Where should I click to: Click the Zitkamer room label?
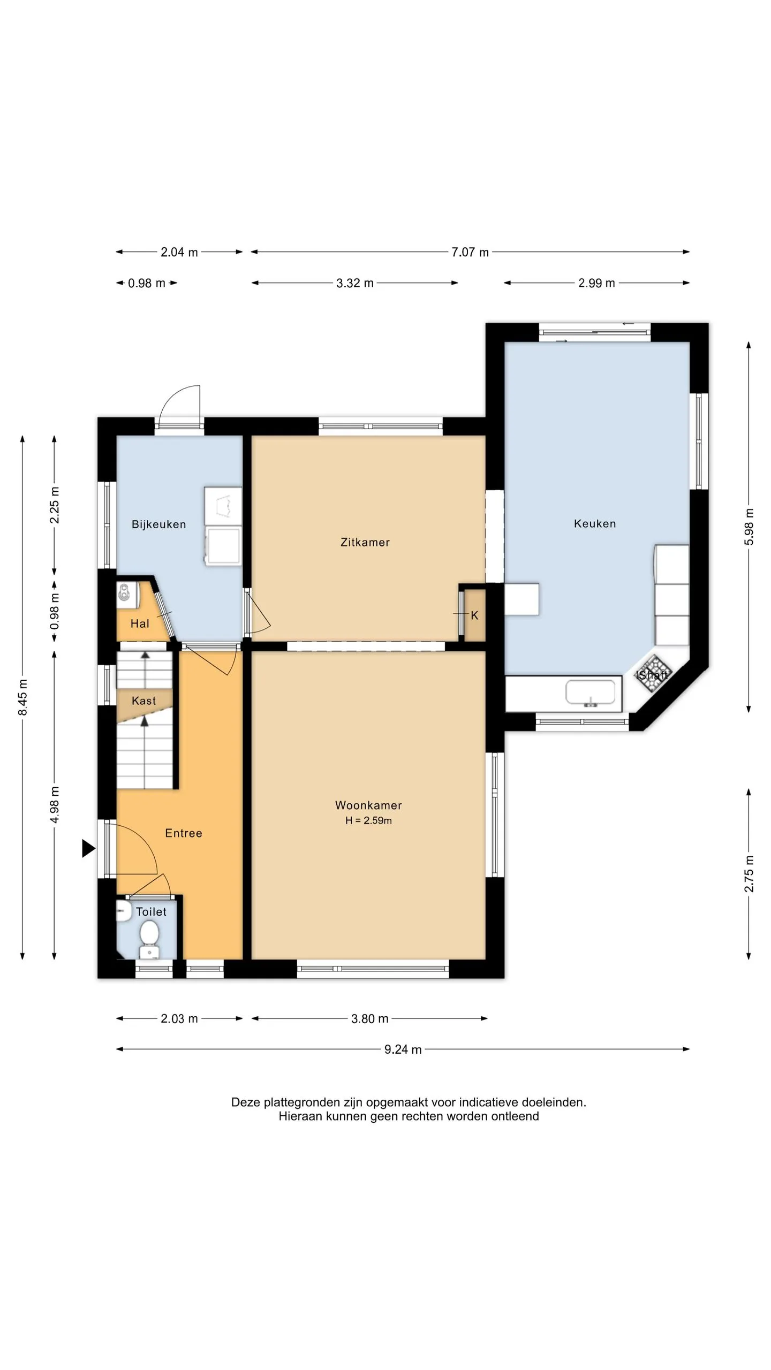[x=365, y=542]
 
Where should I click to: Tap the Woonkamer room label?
[x=368, y=805]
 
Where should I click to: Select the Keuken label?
[x=595, y=523]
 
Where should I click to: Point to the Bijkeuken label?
[x=159, y=524]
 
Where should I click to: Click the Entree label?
[x=184, y=833]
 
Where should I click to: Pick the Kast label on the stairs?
[x=144, y=701]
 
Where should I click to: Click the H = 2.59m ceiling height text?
[x=368, y=820]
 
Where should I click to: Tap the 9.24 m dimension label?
[x=403, y=1049]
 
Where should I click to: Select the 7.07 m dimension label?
[x=470, y=252]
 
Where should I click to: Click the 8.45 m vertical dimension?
[x=22, y=697]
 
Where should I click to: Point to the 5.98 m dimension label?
[x=749, y=527]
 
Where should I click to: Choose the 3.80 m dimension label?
[x=370, y=1018]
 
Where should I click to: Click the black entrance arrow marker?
[x=88, y=848]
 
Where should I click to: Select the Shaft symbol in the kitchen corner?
[x=652, y=674]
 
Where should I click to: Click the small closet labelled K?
[x=474, y=615]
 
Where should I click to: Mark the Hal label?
[x=140, y=623]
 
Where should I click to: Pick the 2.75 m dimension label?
[x=749, y=874]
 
